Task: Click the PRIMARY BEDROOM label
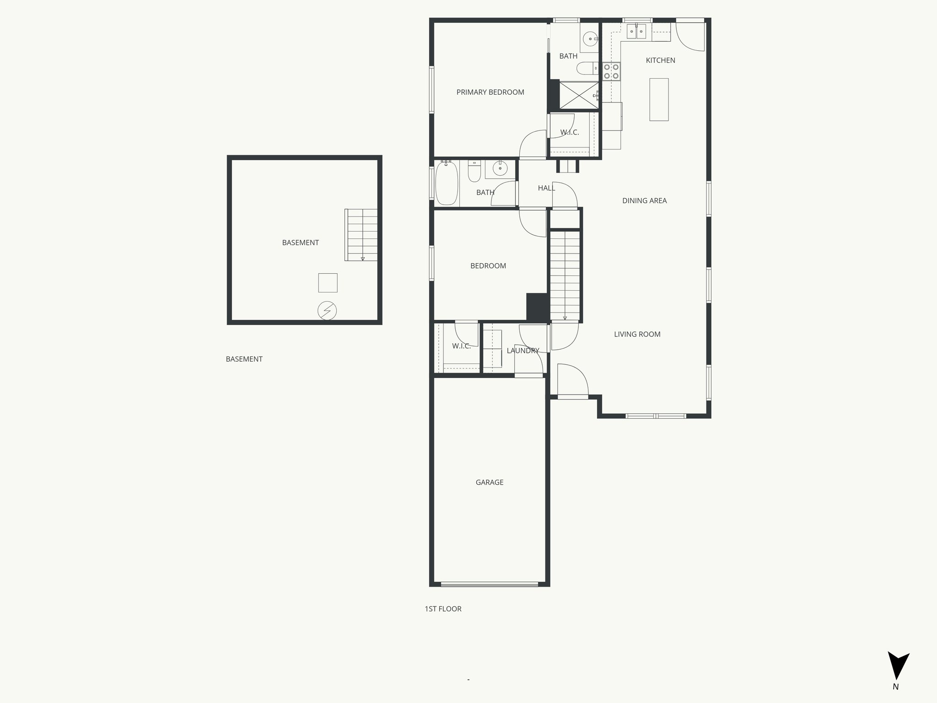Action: tap(490, 92)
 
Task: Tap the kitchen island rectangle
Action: tap(659, 99)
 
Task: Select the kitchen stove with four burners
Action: tap(611, 71)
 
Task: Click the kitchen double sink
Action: tap(636, 32)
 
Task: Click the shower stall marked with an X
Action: tap(579, 95)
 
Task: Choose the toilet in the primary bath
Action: tap(586, 69)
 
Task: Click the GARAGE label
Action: tap(489, 482)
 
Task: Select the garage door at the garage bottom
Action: tap(489, 584)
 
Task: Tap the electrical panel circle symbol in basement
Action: tap(327, 311)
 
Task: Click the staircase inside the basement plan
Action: tap(361, 235)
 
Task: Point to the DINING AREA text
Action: tap(644, 200)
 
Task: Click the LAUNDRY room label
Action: tap(522, 351)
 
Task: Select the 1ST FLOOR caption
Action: tap(443, 609)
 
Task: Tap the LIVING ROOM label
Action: tap(637, 335)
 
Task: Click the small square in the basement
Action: tap(328, 283)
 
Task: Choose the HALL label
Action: tap(546, 188)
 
